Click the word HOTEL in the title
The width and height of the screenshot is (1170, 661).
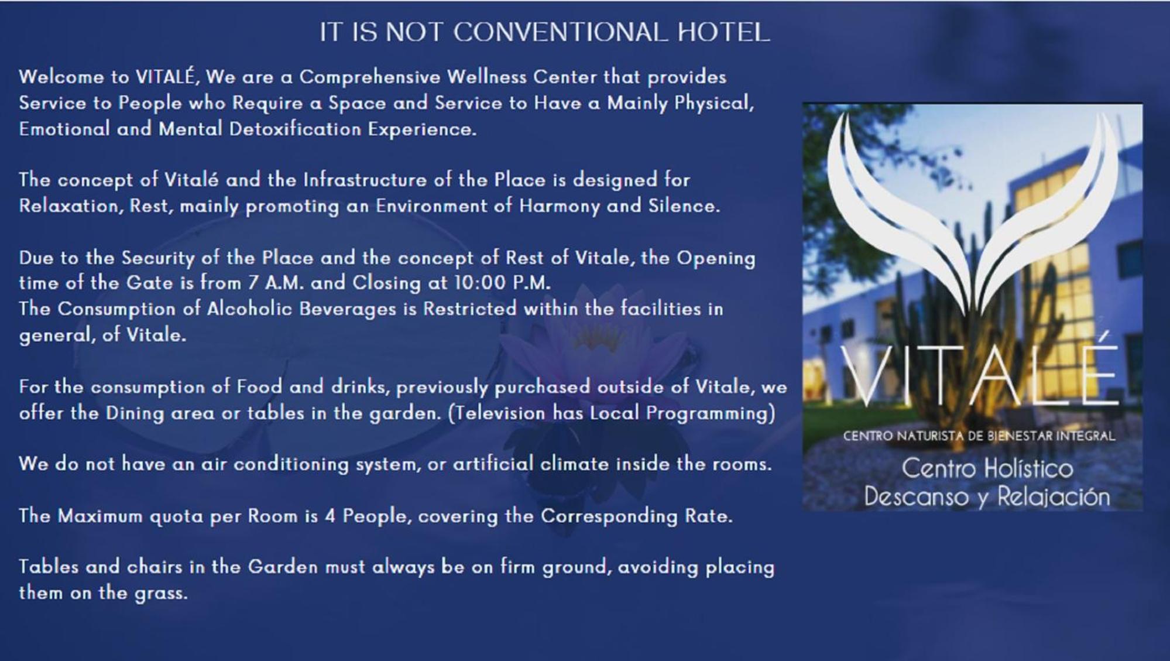[x=723, y=32]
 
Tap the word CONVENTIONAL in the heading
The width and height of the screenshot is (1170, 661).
[x=560, y=32]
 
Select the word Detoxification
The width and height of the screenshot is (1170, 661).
[x=295, y=129]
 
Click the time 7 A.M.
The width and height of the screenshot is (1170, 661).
[x=276, y=283]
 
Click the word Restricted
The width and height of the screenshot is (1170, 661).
[x=470, y=309]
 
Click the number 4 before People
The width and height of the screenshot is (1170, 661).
[x=330, y=516]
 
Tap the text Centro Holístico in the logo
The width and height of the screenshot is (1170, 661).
[x=987, y=468]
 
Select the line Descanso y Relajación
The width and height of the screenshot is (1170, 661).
[x=987, y=497]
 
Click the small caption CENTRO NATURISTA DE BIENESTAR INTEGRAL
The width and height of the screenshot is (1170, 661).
[x=979, y=436]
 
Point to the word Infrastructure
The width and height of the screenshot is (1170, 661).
[x=365, y=180]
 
